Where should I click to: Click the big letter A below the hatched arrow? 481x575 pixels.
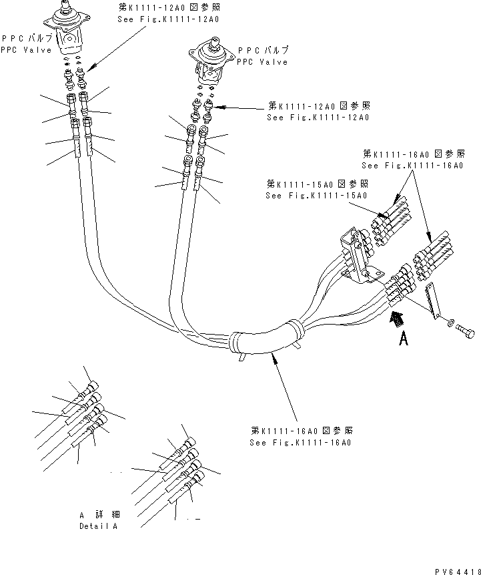pos(403,340)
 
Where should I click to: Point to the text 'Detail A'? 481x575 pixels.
pos(98,526)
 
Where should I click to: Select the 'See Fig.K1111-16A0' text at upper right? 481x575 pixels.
pos(412,165)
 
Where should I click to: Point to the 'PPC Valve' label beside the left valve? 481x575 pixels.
pos(21,49)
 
